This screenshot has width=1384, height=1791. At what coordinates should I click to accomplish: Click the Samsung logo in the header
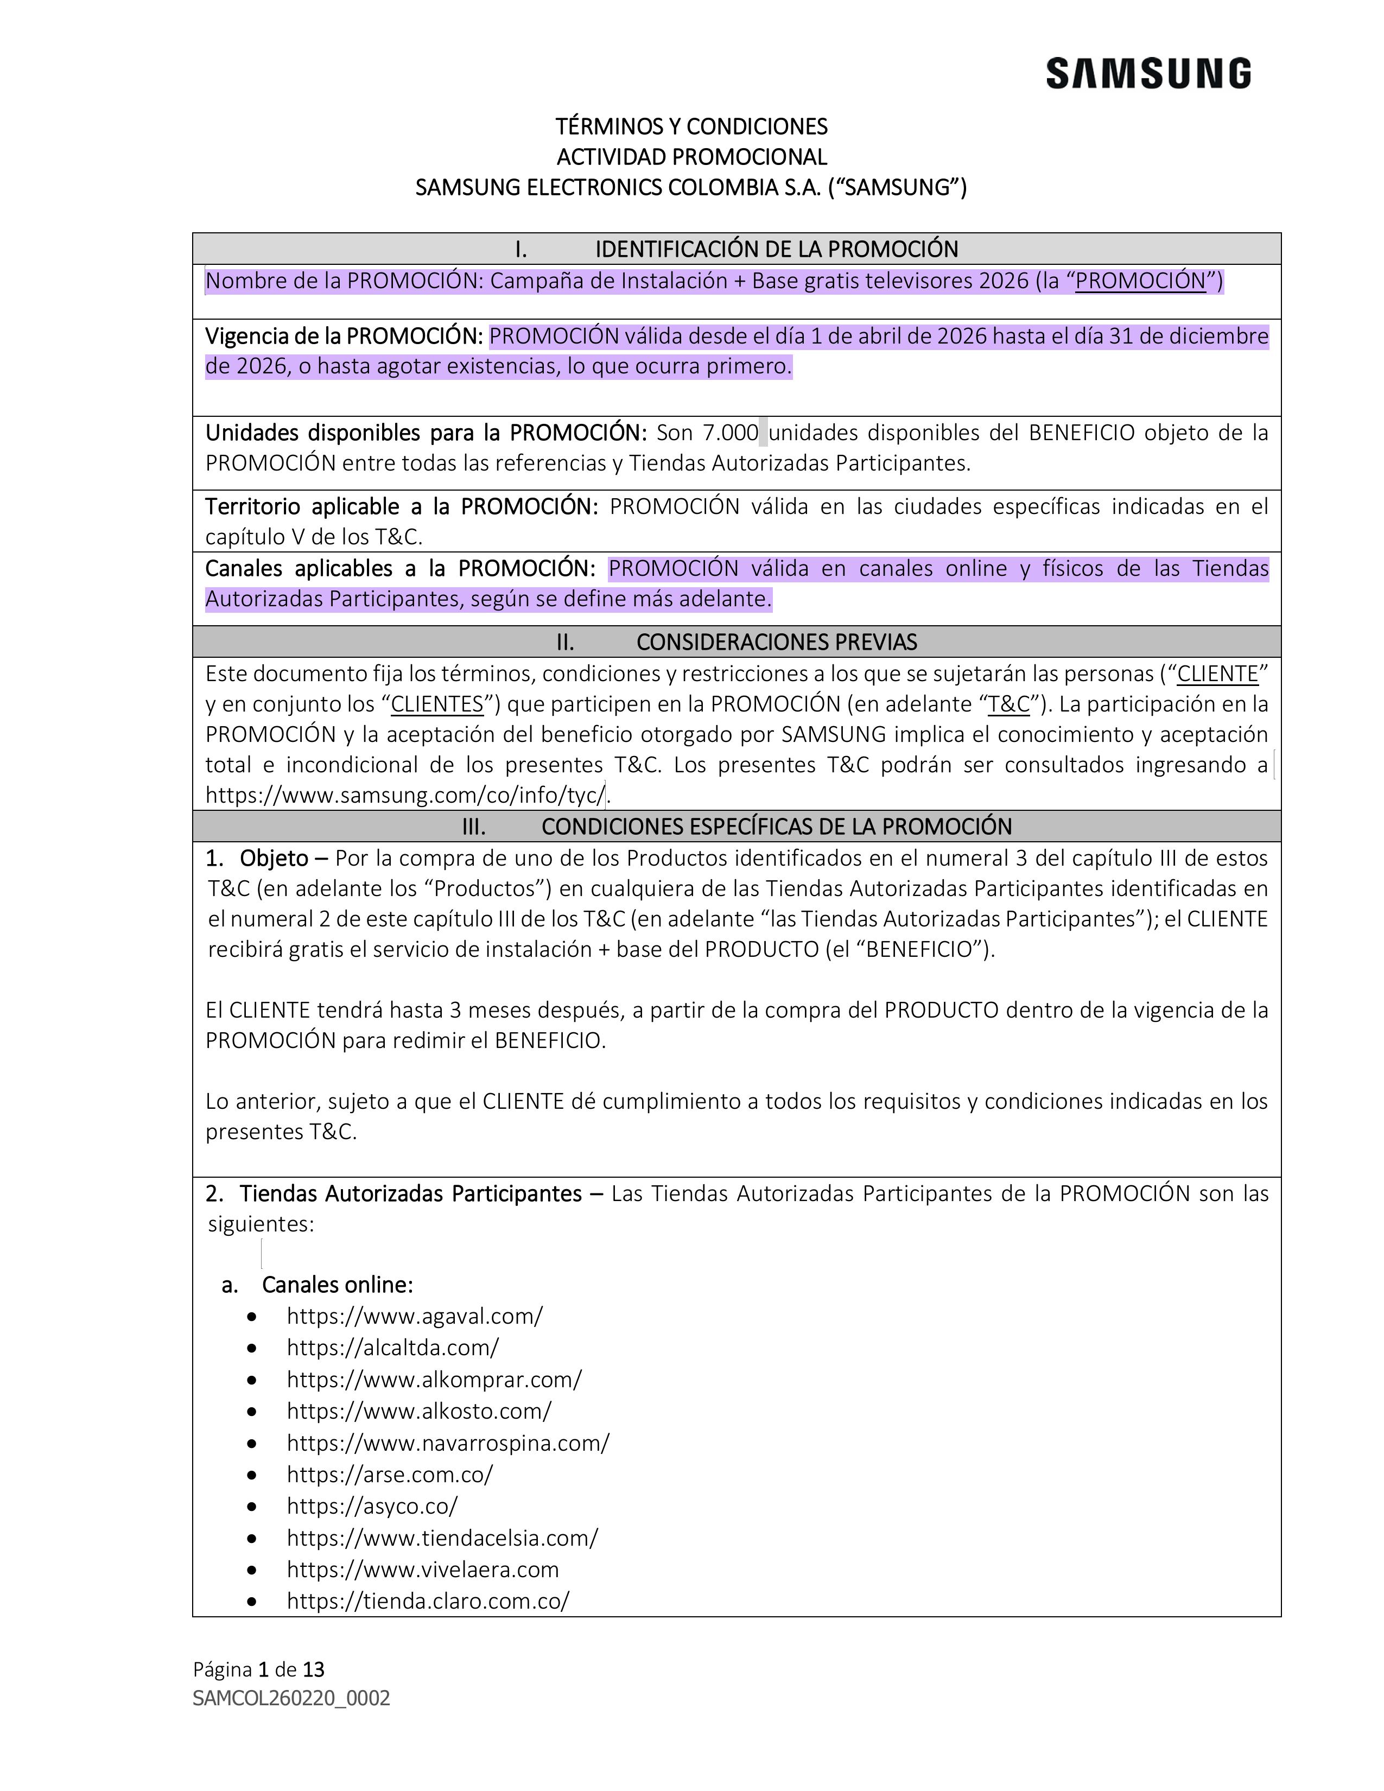click(x=1148, y=74)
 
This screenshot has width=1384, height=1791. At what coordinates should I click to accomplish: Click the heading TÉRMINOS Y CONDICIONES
click(x=691, y=126)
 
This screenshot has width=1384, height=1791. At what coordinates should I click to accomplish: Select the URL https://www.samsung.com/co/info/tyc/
click(x=405, y=795)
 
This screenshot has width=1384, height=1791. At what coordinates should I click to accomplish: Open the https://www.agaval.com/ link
click(x=414, y=1316)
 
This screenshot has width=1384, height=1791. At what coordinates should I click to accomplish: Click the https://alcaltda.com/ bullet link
click(x=392, y=1348)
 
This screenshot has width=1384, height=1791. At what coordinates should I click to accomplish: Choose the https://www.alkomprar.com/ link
click(x=434, y=1379)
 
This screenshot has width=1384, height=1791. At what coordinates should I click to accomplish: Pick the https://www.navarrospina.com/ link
click(x=448, y=1443)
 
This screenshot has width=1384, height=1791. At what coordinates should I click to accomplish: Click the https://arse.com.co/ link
click(x=390, y=1475)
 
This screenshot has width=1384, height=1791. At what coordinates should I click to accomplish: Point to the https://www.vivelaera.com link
click(x=422, y=1570)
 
